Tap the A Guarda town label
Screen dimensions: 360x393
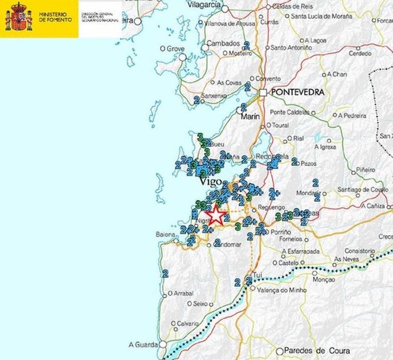141,344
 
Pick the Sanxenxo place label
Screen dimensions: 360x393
214,96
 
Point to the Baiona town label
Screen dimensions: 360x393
165,235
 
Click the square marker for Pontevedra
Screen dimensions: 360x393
263,93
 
